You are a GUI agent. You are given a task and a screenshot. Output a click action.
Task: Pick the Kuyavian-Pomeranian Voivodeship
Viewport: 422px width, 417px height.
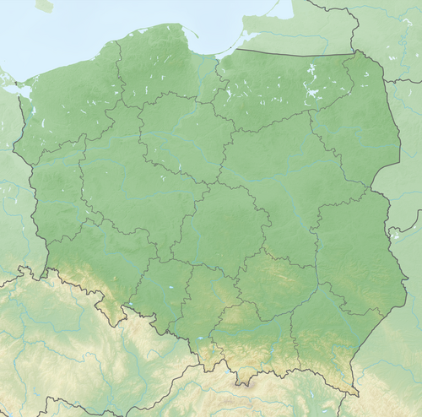(x=177, y=135)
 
